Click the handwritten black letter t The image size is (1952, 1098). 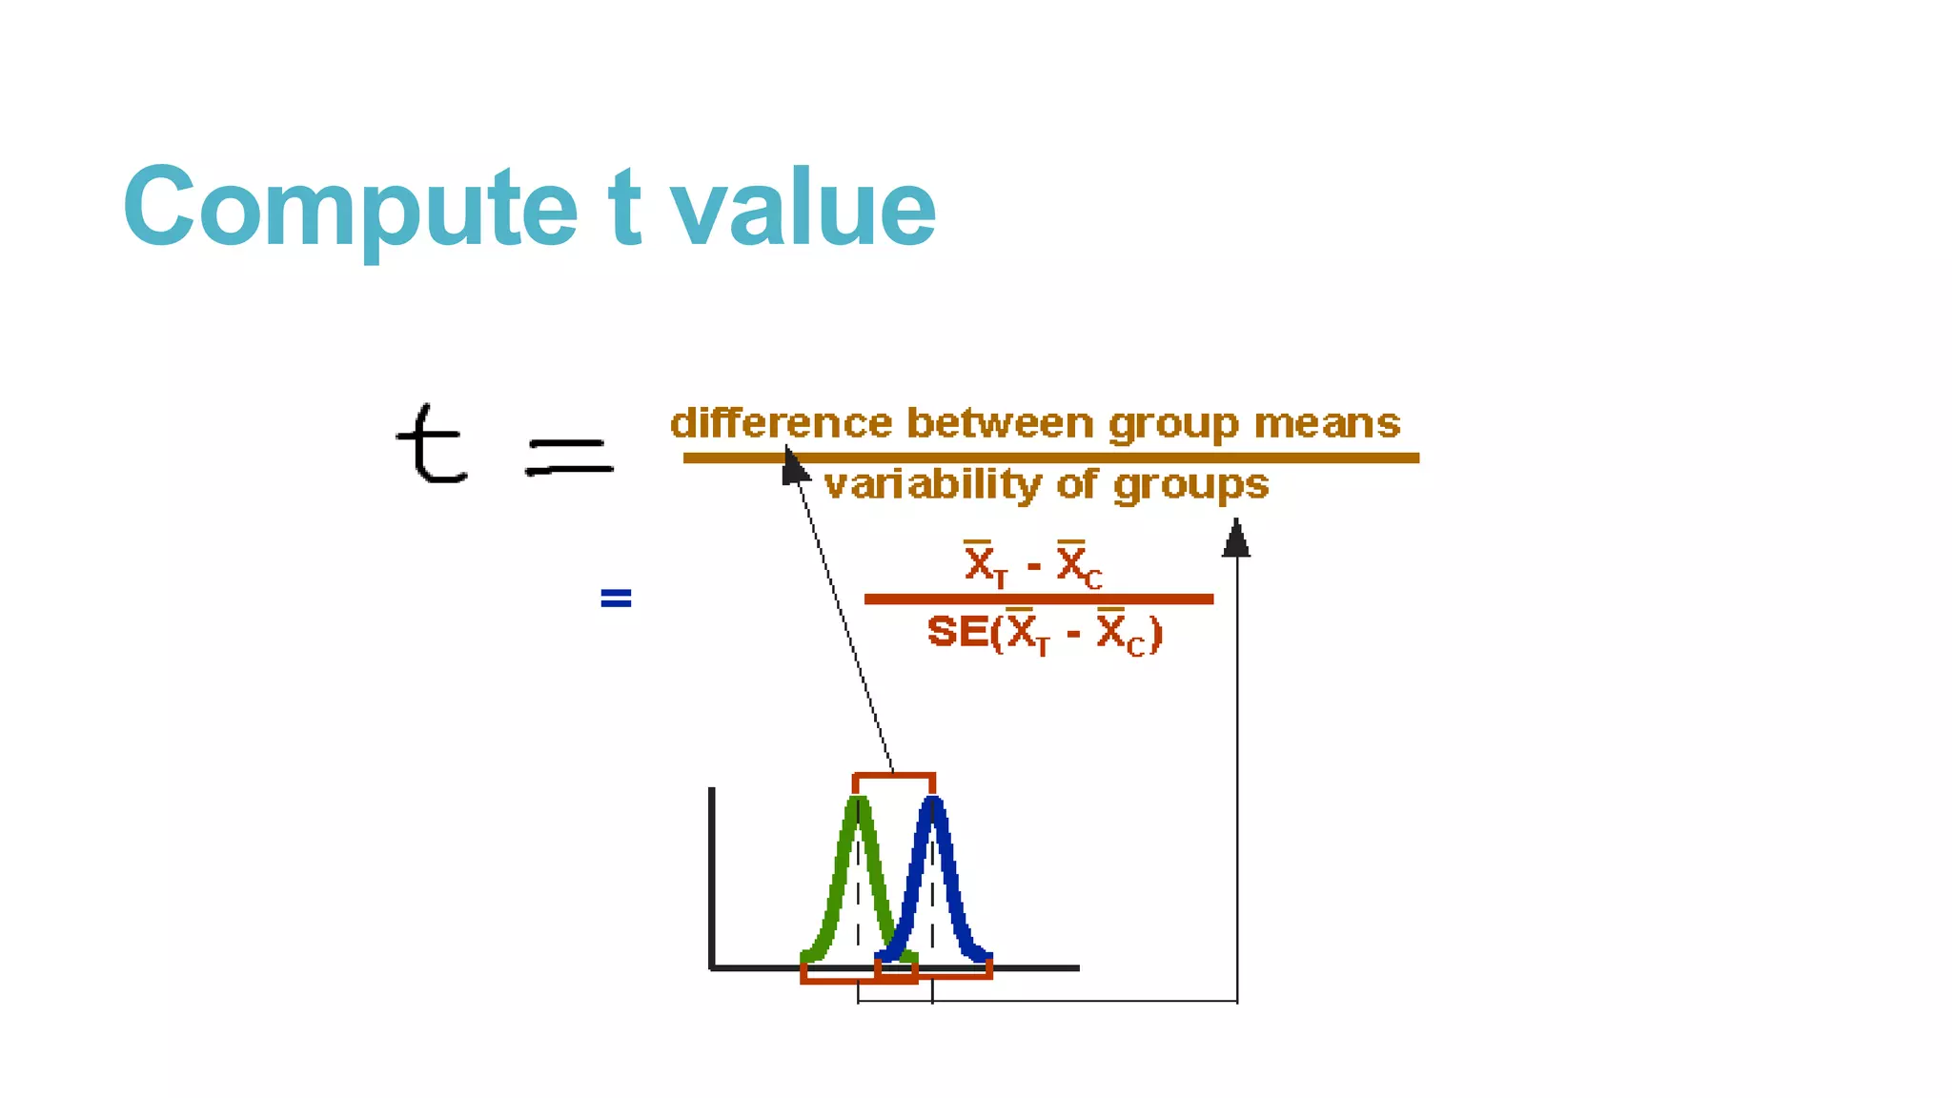[431, 444]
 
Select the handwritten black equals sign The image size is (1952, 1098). [569, 457]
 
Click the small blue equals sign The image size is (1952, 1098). [616, 599]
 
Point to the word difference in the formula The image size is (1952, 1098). [781, 423]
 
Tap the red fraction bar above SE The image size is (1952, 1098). [1038, 600]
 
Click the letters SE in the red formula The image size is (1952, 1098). [957, 632]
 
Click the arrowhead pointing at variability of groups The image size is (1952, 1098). [794, 467]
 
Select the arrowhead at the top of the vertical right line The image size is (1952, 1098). [1236, 539]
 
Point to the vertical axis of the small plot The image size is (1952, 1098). [712, 877]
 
